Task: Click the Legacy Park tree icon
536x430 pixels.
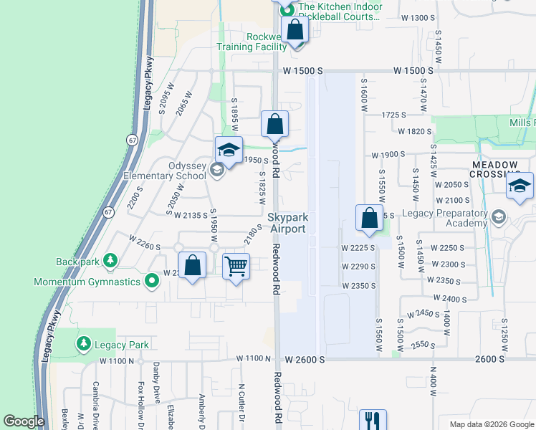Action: tap(84, 345)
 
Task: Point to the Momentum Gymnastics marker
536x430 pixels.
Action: tap(151, 282)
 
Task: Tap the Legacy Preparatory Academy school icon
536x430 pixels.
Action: tap(498, 215)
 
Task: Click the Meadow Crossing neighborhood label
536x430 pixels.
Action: tap(494, 170)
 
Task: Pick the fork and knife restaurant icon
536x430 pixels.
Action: tap(372, 420)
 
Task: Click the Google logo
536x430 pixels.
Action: tap(24, 421)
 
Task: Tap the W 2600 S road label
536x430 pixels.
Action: tap(305, 358)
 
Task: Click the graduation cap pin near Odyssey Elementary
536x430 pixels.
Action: tap(229, 150)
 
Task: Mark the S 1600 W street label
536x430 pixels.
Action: tap(364, 95)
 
